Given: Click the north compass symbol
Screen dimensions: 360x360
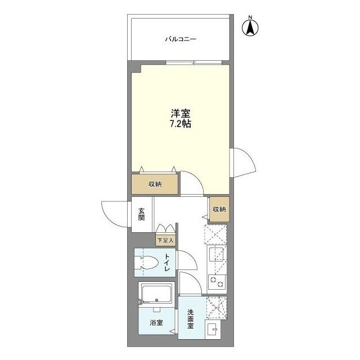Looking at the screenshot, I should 250,26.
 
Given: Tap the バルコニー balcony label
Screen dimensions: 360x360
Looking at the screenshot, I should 180,39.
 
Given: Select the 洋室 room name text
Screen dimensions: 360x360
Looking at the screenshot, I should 181,113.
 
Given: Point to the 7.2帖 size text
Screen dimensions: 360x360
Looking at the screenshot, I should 181,124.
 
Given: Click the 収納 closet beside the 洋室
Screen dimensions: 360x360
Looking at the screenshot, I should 155,184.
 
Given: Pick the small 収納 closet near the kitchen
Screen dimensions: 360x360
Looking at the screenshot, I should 219,209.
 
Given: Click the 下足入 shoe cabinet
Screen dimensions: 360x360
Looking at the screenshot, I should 165,240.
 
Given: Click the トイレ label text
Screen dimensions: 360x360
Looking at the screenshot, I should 167,263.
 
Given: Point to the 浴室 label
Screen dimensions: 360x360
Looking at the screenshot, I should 156,323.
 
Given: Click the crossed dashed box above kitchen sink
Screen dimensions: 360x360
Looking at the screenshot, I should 216,233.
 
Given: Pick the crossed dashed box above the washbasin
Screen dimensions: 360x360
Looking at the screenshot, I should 216,308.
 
